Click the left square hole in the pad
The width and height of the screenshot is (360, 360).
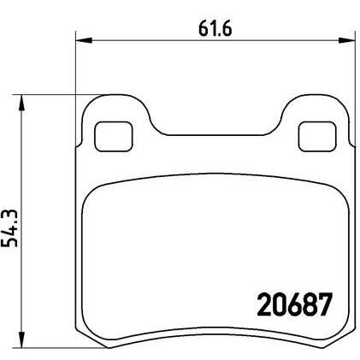[109, 134]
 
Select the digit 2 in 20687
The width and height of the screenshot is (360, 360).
[264, 303]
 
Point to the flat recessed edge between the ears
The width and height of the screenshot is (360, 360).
[211, 135]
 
